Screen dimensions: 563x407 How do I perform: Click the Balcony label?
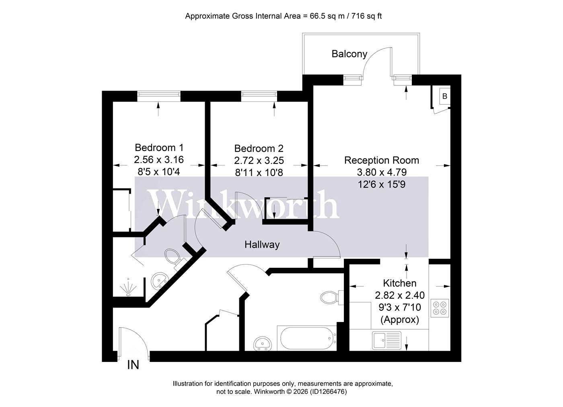click(349, 54)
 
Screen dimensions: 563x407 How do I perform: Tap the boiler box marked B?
click(445, 96)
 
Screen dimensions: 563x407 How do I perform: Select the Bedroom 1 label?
click(159, 147)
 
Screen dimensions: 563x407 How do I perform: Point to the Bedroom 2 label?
click(259, 149)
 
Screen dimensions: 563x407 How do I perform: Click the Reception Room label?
click(382, 160)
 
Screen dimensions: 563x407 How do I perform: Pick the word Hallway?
click(262, 244)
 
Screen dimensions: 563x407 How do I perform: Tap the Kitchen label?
click(400, 283)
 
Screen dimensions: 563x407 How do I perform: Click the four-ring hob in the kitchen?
click(440, 308)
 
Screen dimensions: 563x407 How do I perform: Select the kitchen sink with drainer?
click(387, 340)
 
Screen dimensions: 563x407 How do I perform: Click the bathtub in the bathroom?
click(307, 338)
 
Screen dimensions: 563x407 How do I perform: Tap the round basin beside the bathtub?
click(262, 343)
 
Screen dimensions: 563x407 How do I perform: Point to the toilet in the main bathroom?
click(332, 298)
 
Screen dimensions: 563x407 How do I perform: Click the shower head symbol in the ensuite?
click(128, 288)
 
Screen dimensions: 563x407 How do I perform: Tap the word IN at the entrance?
click(133, 365)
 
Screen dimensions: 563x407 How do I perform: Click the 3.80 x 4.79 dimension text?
click(382, 172)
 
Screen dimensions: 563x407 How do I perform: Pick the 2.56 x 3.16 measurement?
click(159, 159)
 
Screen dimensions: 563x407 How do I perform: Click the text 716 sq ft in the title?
click(366, 16)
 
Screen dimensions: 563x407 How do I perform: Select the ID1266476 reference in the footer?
click(328, 391)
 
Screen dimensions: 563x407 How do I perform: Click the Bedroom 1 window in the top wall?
click(159, 96)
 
